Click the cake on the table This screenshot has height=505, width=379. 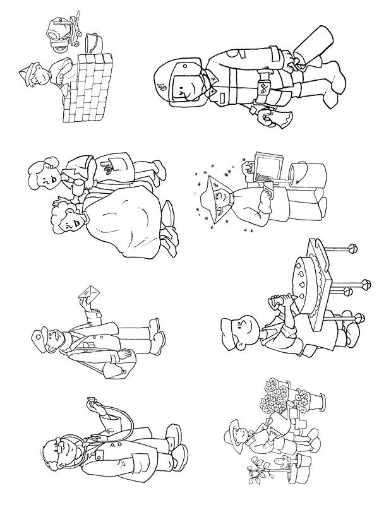click(x=312, y=278)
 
